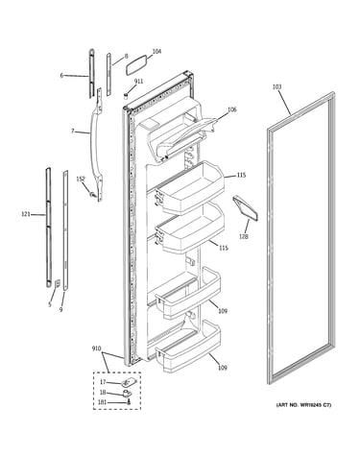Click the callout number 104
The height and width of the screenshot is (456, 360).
[156, 51]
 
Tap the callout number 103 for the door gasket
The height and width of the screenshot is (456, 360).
[276, 86]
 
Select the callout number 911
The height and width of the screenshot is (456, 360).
[138, 82]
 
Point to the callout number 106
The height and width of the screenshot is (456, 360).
[232, 109]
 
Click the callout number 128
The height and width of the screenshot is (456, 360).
[243, 237]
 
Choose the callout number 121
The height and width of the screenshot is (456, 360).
[26, 214]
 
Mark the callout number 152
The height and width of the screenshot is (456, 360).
[81, 179]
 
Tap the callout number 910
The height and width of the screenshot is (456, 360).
[96, 348]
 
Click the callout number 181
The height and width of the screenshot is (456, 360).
[102, 402]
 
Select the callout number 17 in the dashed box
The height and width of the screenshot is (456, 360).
[103, 382]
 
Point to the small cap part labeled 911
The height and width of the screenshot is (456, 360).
[126, 96]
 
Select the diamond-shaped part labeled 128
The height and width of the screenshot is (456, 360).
[246, 208]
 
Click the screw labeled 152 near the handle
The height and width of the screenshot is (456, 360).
[92, 194]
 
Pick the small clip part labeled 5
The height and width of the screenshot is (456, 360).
[58, 282]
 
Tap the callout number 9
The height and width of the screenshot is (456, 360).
[60, 310]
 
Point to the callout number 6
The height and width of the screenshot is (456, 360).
[61, 76]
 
